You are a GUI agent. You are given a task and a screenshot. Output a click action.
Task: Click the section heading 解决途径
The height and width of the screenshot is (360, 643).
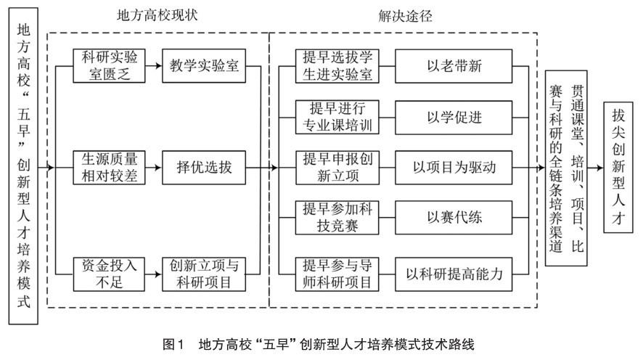pos(406,15)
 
